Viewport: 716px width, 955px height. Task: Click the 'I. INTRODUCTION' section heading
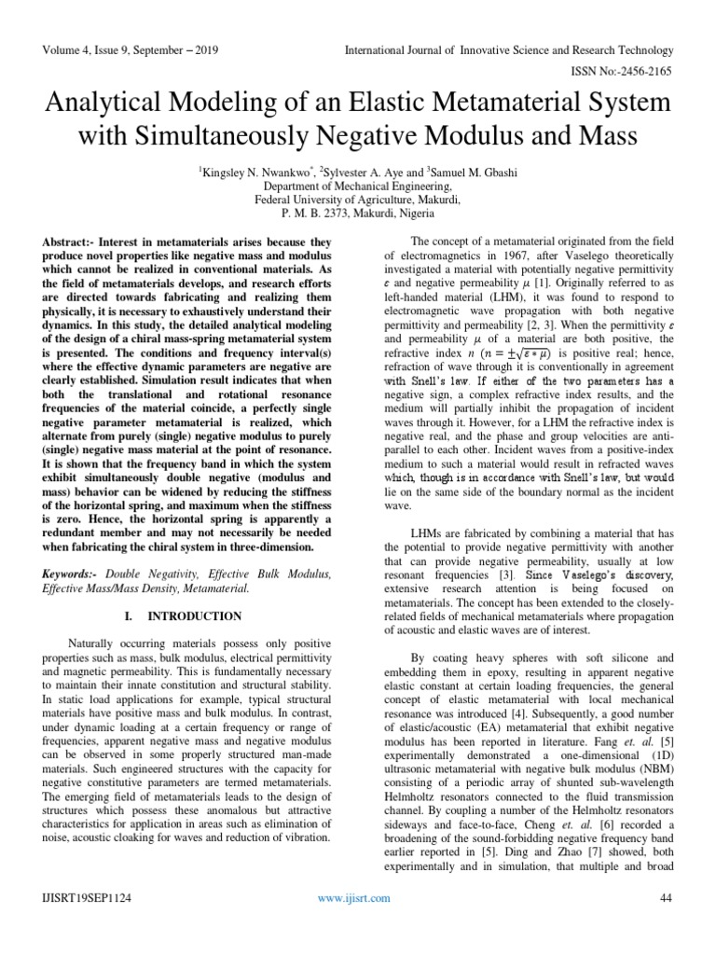click(196, 616)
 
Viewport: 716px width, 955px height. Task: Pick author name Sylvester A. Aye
click(368, 172)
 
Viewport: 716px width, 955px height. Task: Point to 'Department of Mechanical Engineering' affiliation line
click(357, 186)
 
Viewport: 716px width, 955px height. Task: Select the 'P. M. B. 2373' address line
click(357, 212)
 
